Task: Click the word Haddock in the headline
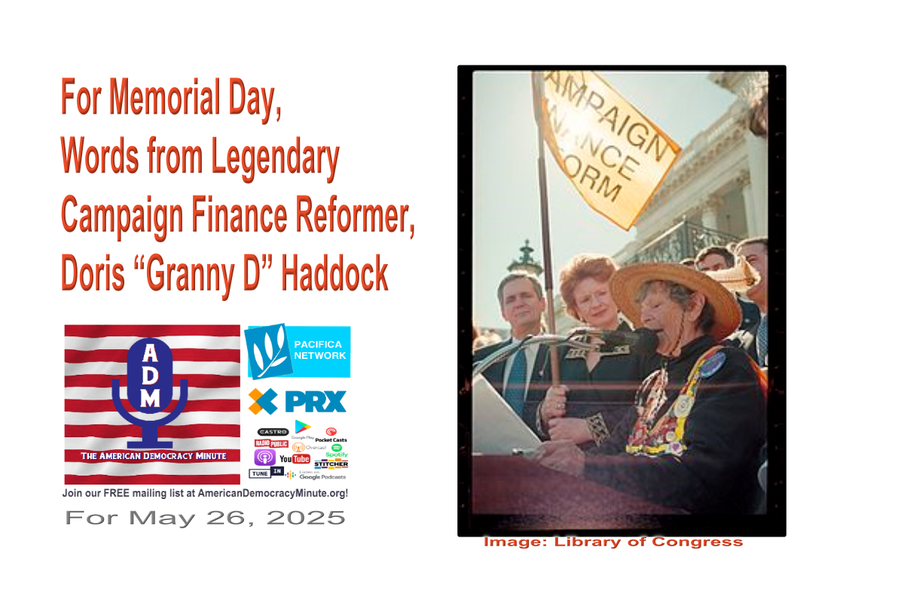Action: (x=335, y=276)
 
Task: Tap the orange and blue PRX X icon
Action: (x=262, y=401)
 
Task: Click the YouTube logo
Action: (x=295, y=458)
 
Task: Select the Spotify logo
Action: (x=337, y=450)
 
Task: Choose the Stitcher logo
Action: (x=331, y=464)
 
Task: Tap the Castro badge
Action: (x=273, y=431)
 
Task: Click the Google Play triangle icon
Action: (x=303, y=427)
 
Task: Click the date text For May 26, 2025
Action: (x=205, y=518)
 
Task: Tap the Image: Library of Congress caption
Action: (x=612, y=542)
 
